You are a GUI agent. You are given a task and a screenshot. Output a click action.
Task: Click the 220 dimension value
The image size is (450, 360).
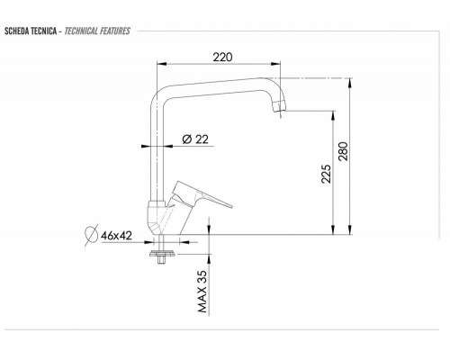(x=222, y=57)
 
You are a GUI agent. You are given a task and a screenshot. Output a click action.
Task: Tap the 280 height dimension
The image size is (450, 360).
(x=344, y=151)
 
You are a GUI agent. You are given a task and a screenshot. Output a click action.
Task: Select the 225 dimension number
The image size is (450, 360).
(x=326, y=174)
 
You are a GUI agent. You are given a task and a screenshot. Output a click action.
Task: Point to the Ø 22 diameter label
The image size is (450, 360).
(x=195, y=139)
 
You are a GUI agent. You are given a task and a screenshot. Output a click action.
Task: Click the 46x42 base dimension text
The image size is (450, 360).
(x=116, y=236)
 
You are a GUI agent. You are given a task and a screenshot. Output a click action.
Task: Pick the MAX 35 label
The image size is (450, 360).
(x=202, y=292)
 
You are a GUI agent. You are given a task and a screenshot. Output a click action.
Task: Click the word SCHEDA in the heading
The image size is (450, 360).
(x=15, y=31)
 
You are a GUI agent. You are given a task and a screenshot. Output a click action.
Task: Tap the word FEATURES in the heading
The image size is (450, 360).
(x=115, y=31)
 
